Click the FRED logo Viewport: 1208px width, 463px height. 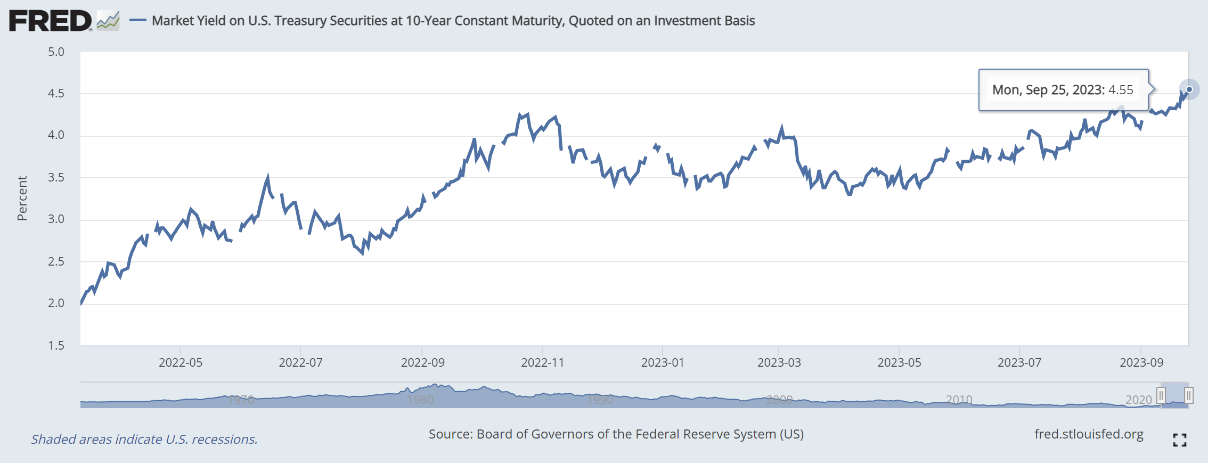click(51, 21)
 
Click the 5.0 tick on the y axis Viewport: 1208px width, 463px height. click(56, 52)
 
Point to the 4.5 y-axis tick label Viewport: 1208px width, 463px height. click(56, 94)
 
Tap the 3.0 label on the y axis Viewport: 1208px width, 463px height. click(56, 219)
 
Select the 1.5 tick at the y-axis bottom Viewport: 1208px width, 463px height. click(56, 346)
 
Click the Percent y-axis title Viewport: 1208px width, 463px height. click(22, 199)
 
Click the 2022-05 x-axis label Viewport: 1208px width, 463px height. click(181, 363)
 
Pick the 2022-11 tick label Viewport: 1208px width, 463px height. click(542, 363)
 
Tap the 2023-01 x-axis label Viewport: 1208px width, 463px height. click(663, 363)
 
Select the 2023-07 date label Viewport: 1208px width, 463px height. click(1019, 363)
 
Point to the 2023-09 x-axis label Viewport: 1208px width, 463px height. click(1141, 363)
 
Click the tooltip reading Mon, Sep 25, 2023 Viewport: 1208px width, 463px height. click(1063, 90)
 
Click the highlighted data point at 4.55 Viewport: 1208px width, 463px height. click(1189, 89)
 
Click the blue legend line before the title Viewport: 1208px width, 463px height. click(138, 21)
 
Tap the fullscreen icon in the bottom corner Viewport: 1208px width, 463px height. click(1179, 440)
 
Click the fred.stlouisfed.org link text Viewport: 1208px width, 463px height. click(1089, 434)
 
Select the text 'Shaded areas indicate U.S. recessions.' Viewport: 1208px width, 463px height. click(144, 440)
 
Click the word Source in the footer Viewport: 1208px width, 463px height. click(450, 434)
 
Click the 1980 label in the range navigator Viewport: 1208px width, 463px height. click(420, 400)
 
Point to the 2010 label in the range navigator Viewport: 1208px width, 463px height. click(959, 400)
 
